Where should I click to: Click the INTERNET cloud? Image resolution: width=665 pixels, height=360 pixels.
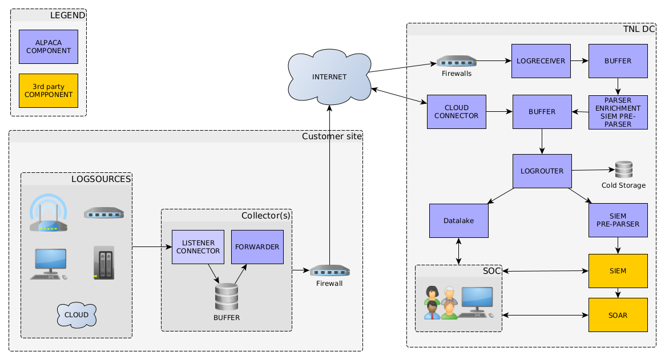[x=329, y=77]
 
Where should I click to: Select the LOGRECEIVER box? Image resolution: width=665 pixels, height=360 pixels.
[x=541, y=61]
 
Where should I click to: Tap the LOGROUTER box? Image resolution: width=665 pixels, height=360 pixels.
[x=542, y=171]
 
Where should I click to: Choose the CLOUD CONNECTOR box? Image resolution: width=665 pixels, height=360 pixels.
[x=456, y=112]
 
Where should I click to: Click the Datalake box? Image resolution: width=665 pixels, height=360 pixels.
[x=459, y=221]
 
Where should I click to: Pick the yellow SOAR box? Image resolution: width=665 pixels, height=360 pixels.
[x=618, y=315]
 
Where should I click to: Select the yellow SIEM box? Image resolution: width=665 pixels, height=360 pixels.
[x=618, y=271]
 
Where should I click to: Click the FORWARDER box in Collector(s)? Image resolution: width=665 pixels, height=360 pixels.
[x=257, y=247]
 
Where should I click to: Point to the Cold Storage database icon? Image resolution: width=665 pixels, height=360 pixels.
[x=623, y=170]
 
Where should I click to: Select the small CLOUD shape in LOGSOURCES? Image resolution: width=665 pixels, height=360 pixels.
[x=76, y=315]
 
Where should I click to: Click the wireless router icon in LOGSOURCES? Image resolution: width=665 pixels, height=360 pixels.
[x=49, y=213]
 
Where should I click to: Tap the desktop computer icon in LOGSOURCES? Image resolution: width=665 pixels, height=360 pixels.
[x=49, y=264]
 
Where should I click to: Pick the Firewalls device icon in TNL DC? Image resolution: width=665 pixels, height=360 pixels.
[x=457, y=61]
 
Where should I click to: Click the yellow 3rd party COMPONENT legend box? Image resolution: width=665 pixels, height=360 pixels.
[x=48, y=91]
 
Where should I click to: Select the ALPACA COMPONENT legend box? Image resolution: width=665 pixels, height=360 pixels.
[x=48, y=47]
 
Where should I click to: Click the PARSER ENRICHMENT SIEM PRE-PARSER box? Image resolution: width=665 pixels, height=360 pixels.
[x=618, y=112]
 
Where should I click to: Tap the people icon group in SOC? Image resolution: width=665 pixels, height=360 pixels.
[x=441, y=302]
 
